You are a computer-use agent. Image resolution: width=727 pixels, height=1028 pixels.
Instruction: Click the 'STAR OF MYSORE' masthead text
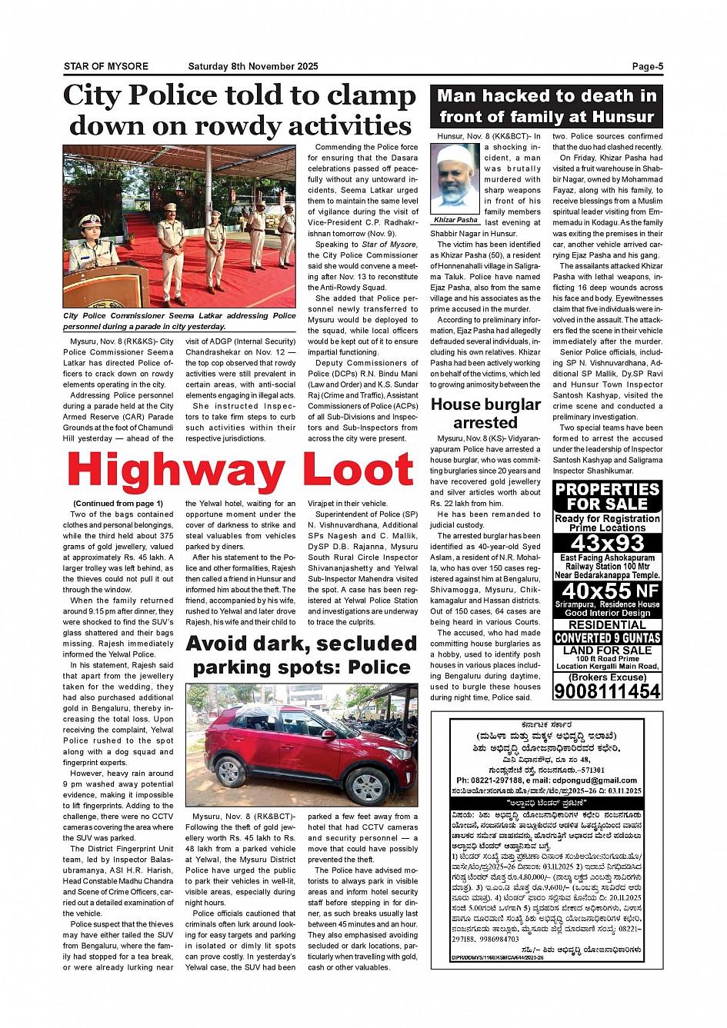pyautogui.click(x=106, y=66)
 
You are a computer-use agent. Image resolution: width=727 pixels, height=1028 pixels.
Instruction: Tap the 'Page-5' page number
pyautogui.click(x=647, y=66)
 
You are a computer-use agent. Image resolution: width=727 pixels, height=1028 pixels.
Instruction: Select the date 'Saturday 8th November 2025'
pyautogui.click(x=252, y=66)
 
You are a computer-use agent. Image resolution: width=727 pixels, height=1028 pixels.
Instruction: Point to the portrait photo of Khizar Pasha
pyautogui.click(x=455, y=178)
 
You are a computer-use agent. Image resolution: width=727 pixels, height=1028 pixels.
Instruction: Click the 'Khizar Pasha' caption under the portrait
pyautogui.click(x=455, y=220)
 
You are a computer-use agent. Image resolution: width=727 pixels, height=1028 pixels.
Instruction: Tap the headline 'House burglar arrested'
pyautogui.click(x=485, y=414)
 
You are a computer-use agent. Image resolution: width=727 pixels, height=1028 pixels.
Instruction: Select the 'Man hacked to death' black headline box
pyautogui.click(x=546, y=106)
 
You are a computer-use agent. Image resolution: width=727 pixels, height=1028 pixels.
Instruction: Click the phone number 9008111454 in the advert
pyautogui.click(x=607, y=690)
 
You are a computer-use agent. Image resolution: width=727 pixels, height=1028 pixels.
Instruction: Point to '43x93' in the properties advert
pyautogui.click(x=607, y=543)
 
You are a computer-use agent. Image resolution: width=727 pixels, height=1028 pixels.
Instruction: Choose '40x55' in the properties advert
pyautogui.click(x=597, y=591)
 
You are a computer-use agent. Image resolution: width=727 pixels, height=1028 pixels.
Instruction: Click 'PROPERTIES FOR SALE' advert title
pyautogui.click(x=607, y=496)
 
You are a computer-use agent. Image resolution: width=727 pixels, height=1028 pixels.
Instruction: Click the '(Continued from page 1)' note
pyautogui.click(x=118, y=504)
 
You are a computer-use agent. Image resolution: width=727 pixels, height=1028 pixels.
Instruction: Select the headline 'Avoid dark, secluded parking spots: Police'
pyautogui.click(x=302, y=654)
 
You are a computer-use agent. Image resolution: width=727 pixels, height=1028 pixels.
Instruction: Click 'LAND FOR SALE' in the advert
pyautogui.click(x=607, y=650)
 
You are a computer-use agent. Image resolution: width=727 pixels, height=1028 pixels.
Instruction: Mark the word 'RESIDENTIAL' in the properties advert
pyautogui.click(x=607, y=625)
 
